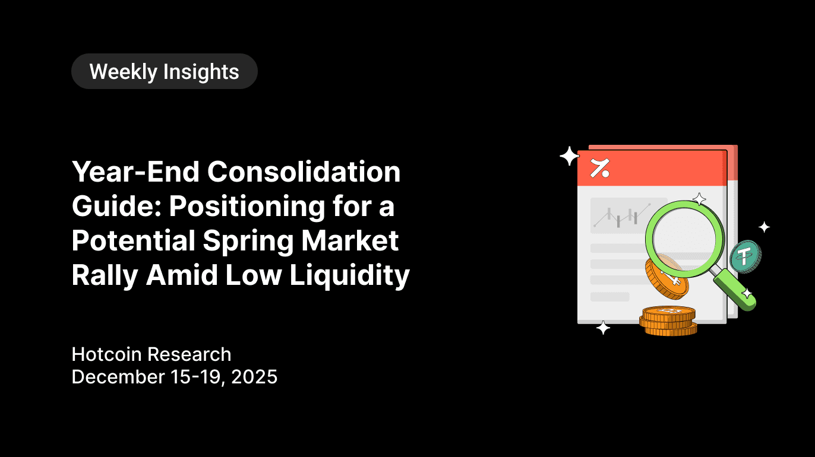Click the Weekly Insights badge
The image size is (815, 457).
(164, 72)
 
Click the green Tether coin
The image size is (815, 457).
(745, 256)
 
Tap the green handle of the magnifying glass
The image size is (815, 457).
(736, 289)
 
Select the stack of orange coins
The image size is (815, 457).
(668, 320)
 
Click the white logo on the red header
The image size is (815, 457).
(599, 169)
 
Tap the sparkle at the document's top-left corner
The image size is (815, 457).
(569, 156)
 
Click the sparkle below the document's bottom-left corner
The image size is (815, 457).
(603, 328)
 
